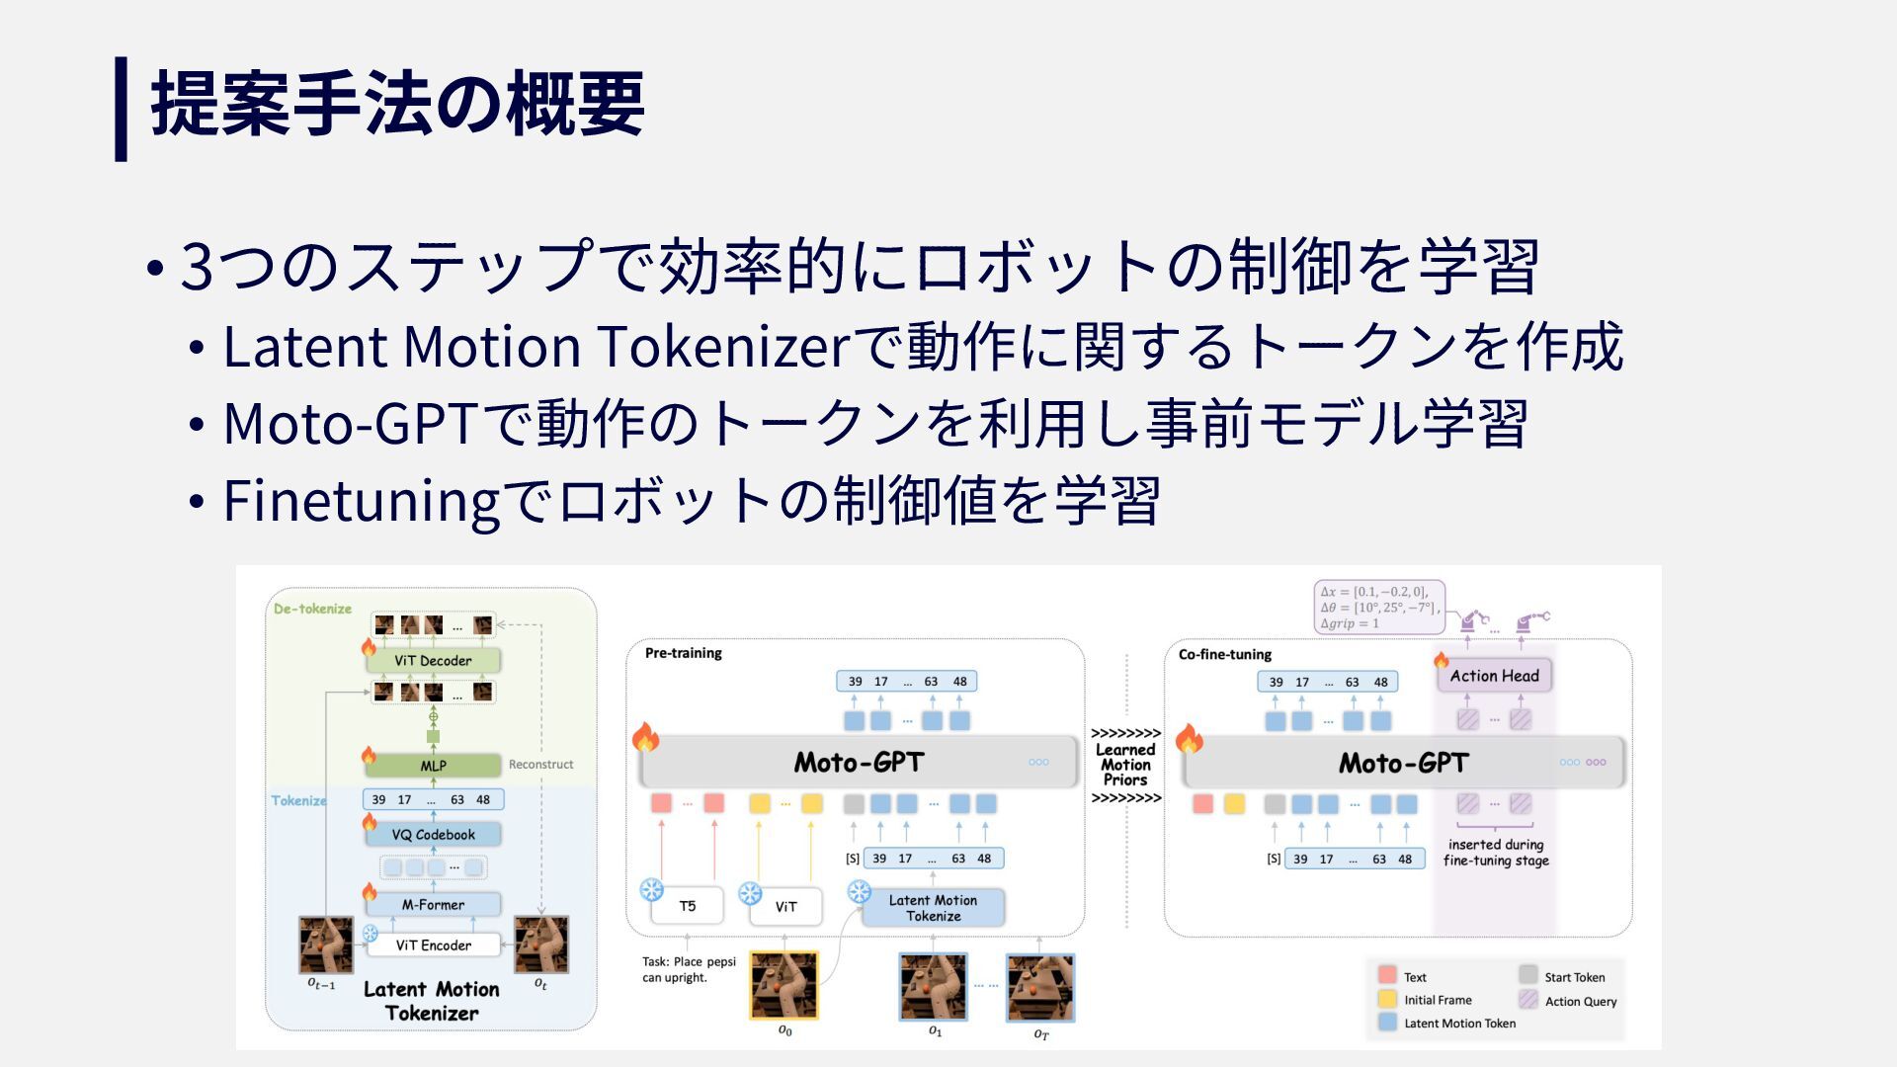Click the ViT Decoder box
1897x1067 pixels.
433,661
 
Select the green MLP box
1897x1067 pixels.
433,766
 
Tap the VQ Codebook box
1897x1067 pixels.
433,835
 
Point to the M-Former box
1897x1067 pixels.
433,905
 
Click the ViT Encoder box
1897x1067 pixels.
433,945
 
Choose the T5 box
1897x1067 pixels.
688,906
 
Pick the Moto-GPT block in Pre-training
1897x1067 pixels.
858,763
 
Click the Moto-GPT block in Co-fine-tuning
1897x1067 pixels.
1403,763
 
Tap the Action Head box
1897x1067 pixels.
1494,676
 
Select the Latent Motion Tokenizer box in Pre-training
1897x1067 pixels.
933,908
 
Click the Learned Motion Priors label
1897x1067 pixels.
1125,765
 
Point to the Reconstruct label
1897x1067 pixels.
540,765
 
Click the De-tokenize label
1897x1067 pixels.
312,609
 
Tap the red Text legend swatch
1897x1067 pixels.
1387,976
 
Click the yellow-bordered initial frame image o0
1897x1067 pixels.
784,985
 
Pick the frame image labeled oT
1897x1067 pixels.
1039,987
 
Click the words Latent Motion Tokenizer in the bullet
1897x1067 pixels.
536,347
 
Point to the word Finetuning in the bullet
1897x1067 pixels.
362,501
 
